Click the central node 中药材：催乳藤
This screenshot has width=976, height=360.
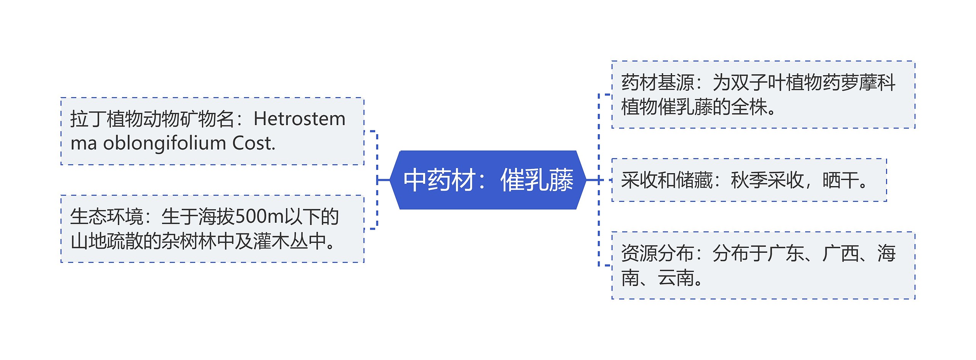488,180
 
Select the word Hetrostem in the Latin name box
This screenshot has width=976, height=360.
299,119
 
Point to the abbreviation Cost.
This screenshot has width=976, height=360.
254,143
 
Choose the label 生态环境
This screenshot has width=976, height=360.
106,217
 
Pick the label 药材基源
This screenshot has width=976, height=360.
658,83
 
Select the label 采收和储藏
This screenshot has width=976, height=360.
667,180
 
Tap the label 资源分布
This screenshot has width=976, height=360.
658,254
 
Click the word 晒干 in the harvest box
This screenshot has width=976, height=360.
840,180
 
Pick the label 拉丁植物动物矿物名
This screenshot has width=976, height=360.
152,119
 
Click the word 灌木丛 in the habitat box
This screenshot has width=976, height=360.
280,241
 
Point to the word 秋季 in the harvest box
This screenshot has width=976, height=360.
749,180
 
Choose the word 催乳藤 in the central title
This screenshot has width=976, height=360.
537,180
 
